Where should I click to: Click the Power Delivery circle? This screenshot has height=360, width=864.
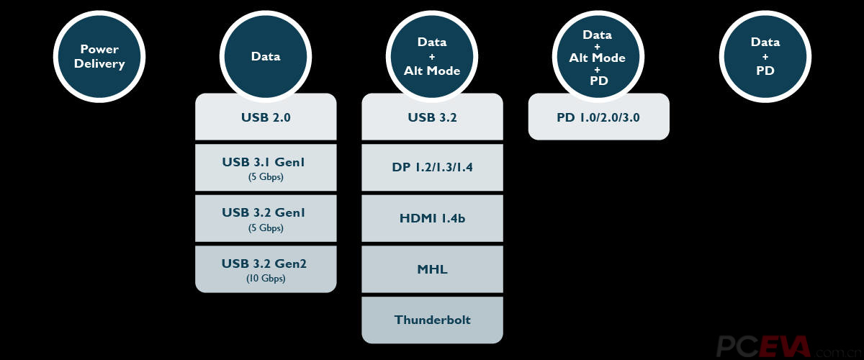coord(99,57)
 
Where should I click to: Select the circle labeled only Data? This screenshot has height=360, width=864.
coord(266,57)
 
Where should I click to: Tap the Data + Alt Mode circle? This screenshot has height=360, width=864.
coord(432,57)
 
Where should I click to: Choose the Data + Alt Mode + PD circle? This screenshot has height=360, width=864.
coord(598,57)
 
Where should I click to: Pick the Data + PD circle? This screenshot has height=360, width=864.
coord(765,57)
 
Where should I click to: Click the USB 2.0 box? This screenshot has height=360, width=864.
coord(266,117)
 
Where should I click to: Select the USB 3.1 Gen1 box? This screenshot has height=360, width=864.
coord(266,168)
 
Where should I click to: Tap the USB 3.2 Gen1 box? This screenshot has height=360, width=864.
coord(266,218)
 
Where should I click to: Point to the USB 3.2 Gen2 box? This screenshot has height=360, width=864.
coord(266,269)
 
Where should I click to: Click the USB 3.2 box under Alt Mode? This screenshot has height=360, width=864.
coord(433,117)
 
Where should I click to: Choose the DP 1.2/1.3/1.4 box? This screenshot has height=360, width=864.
coord(433,168)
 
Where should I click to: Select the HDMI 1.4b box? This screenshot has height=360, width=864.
coord(433,218)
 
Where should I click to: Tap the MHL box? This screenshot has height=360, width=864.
coord(433,269)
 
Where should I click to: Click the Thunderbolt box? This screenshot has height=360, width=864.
coord(433,320)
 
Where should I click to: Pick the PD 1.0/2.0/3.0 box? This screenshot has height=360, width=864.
coord(598,117)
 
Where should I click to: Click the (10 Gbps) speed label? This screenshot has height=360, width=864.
coord(266,278)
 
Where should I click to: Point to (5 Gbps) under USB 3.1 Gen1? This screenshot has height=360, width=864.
coord(266,176)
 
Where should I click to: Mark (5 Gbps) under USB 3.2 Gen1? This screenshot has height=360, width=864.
coord(266,228)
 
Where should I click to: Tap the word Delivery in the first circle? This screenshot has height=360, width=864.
coord(99,64)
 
